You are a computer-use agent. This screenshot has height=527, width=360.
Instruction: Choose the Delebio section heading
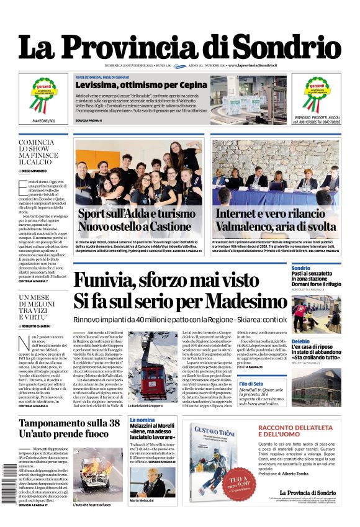pos(300,341)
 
